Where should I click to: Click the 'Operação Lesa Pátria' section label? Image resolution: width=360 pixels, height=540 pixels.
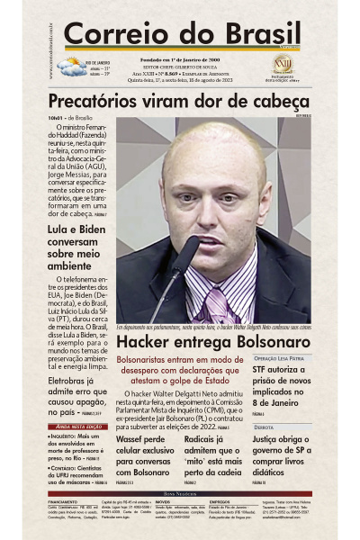279,357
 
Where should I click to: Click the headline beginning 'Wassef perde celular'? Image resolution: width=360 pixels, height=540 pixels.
146,454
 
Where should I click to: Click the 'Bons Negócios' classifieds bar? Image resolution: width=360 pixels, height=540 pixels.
180,494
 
